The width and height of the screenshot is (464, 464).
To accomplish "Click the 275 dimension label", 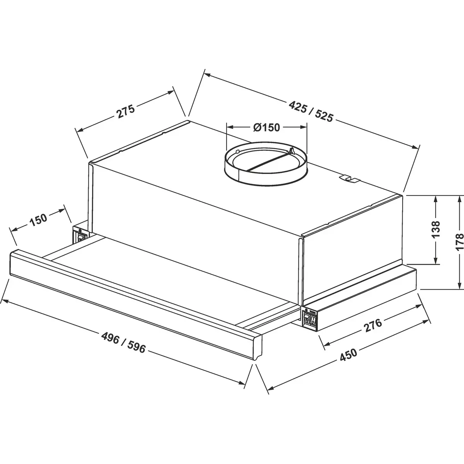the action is [125, 111].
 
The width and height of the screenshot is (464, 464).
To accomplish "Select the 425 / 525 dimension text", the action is [311, 111].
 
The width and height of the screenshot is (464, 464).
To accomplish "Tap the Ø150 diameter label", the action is [266, 127].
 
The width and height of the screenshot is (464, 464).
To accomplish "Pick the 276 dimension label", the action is [373, 326].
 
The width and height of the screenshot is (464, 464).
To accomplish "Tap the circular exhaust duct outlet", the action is [266, 164].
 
